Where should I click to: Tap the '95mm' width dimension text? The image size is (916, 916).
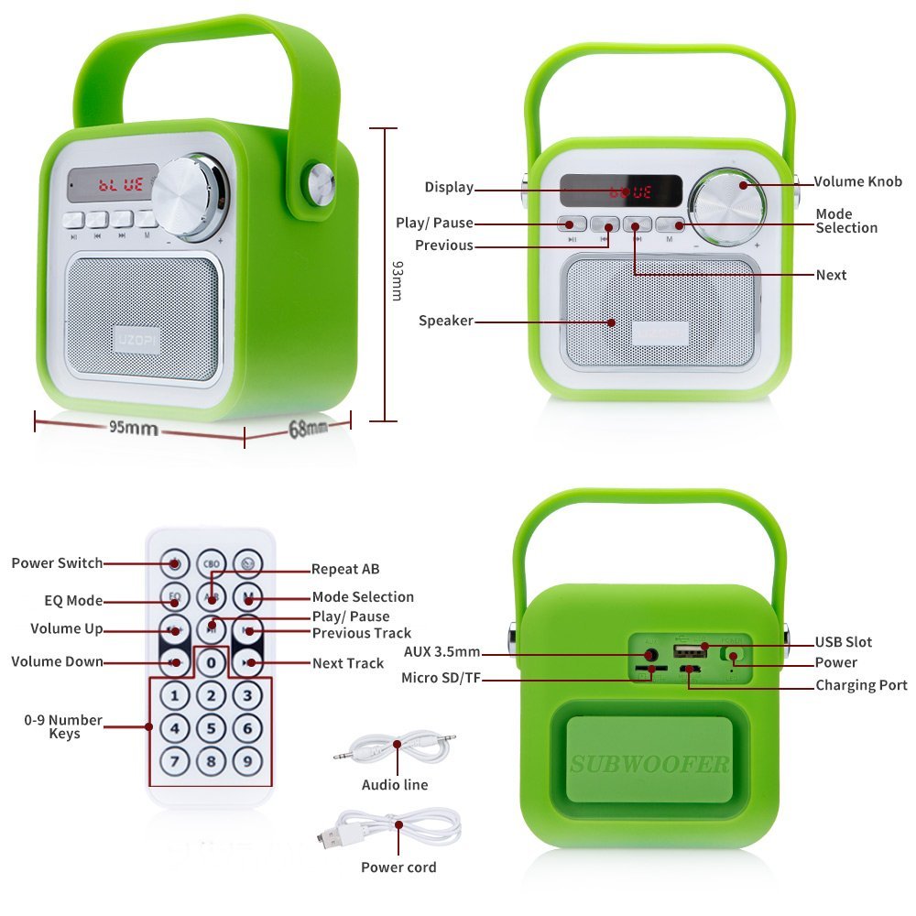click(134, 428)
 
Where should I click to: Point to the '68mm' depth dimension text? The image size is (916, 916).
click(308, 427)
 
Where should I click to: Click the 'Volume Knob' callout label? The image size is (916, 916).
click(857, 181)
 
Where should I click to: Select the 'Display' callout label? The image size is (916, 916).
click(449, 188)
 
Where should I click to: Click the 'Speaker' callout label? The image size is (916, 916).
click(446, 321)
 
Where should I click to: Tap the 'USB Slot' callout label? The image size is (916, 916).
click(844, 642)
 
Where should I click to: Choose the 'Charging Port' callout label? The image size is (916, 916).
click(861, 685)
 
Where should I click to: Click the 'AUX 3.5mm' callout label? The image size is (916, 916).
click(442, 652)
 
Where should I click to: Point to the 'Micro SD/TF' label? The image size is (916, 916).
click(442, 679)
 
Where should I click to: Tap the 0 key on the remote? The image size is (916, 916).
click(212, 661)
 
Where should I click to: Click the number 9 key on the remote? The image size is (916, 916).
click(246, 760)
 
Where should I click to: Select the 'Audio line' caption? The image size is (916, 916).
click(395, 785)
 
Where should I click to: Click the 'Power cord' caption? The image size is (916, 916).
click(398, 867)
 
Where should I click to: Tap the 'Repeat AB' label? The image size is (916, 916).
click(345, 569)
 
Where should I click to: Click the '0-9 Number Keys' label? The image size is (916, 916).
click(64, 726)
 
